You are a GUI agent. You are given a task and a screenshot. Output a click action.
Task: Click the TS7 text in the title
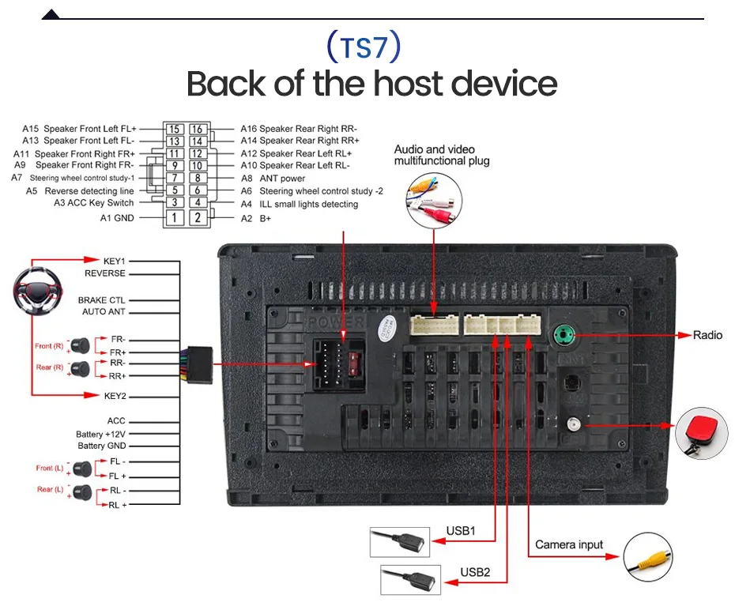(x=364, y=47)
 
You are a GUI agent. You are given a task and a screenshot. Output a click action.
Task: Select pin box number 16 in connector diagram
(x=198, y=129)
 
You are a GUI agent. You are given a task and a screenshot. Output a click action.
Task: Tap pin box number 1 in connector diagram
(x=175, y=217)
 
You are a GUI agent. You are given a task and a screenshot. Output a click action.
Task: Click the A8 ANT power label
(x=273, y=179)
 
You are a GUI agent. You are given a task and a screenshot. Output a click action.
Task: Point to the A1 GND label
(x=117, y=218)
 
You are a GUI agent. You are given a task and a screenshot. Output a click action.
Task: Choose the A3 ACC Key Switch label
(x=94, y=203)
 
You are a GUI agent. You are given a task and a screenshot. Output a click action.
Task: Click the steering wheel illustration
(x=37, y=291)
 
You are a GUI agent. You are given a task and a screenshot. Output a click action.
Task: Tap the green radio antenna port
(x=564, y=335)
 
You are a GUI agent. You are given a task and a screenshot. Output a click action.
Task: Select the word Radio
(x=707, y=335)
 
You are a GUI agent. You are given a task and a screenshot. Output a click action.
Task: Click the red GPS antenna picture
(x=701, y=433)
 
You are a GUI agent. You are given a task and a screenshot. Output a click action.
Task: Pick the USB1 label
(x=461, y=531)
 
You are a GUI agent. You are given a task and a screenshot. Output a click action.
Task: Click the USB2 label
(x=475, y=572)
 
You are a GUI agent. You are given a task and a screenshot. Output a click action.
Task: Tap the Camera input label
(x=569, y=545)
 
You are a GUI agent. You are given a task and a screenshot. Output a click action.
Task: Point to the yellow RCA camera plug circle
(x=648, y=557)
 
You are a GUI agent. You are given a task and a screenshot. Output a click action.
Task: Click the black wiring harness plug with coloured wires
(x=197, y=365)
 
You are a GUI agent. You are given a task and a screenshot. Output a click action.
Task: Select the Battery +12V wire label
(x=101, y=435)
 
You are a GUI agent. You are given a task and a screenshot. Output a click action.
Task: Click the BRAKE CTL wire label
(x=102, y=299)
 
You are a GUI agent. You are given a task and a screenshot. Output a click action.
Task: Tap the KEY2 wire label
(x=115, y=396)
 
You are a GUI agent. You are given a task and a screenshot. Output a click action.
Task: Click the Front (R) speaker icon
(x=80, y=346)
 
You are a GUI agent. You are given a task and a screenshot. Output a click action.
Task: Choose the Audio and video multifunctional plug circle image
(x=434, y=201)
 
